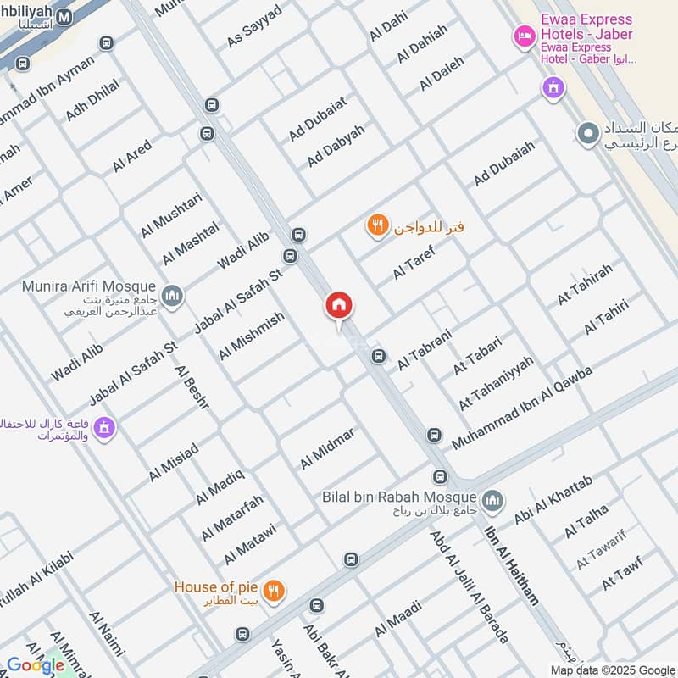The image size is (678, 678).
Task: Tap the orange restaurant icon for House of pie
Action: [273, 591]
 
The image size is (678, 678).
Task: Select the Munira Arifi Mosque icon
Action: [172, 294]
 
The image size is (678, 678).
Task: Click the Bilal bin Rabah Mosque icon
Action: [492, 499]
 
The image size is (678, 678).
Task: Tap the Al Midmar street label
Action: [327, 448]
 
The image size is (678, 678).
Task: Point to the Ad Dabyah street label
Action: [336, 146]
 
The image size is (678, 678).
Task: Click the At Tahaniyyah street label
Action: [496, 383]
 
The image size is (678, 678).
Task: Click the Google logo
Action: [36, 665]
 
